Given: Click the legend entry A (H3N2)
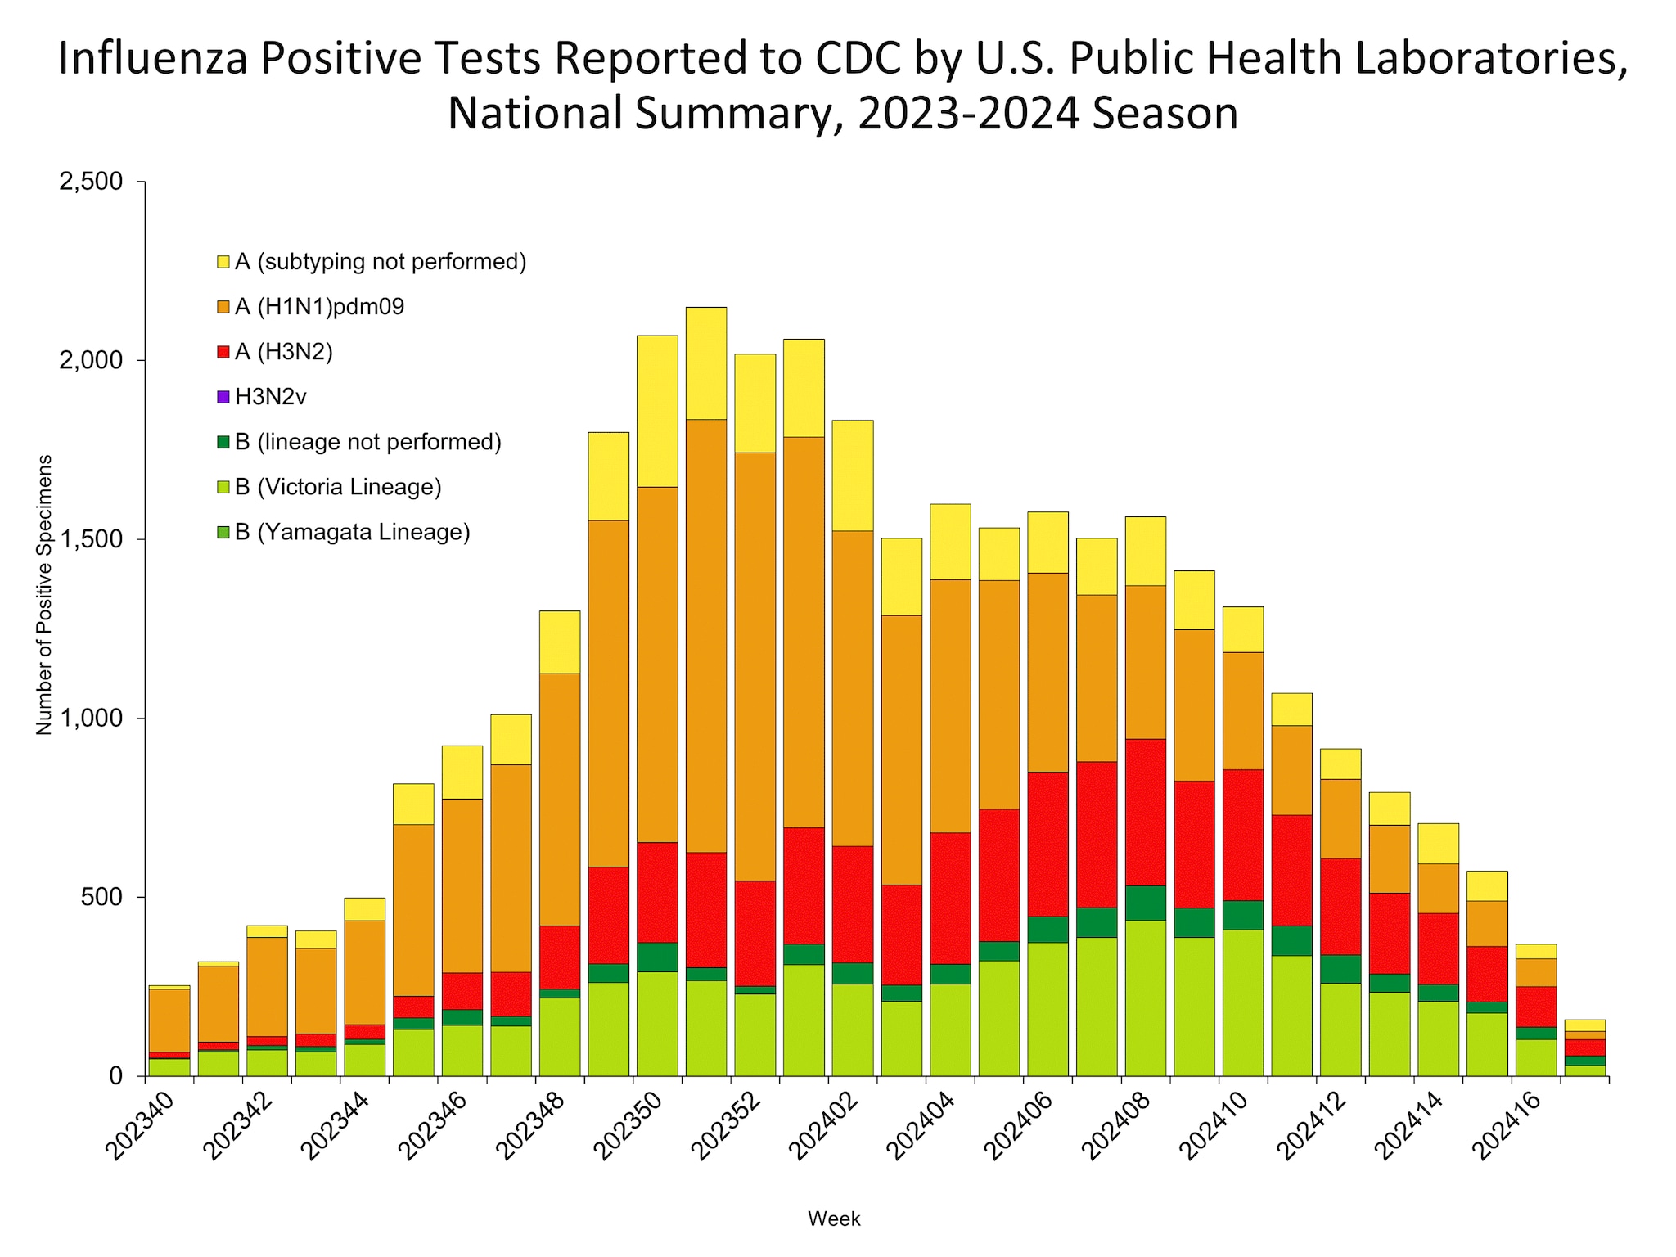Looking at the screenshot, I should pos(283,353).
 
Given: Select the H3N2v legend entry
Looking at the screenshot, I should pos(270,398).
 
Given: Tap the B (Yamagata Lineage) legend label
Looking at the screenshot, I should pos(352,533).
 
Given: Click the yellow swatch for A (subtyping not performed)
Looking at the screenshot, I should pos(223,263).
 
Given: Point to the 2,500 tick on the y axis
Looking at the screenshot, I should pos(90,182).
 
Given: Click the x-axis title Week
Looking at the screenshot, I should pos(834,1219).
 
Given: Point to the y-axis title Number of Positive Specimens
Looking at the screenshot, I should pos(44,595).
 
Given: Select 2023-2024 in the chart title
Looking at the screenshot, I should pos(969,114).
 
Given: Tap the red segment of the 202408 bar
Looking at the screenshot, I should pos(1145,810).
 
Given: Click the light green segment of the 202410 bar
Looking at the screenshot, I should pos(1242,1002).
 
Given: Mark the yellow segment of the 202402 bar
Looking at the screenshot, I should pos(852,475).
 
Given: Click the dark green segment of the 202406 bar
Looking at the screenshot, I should pos(1047,929).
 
